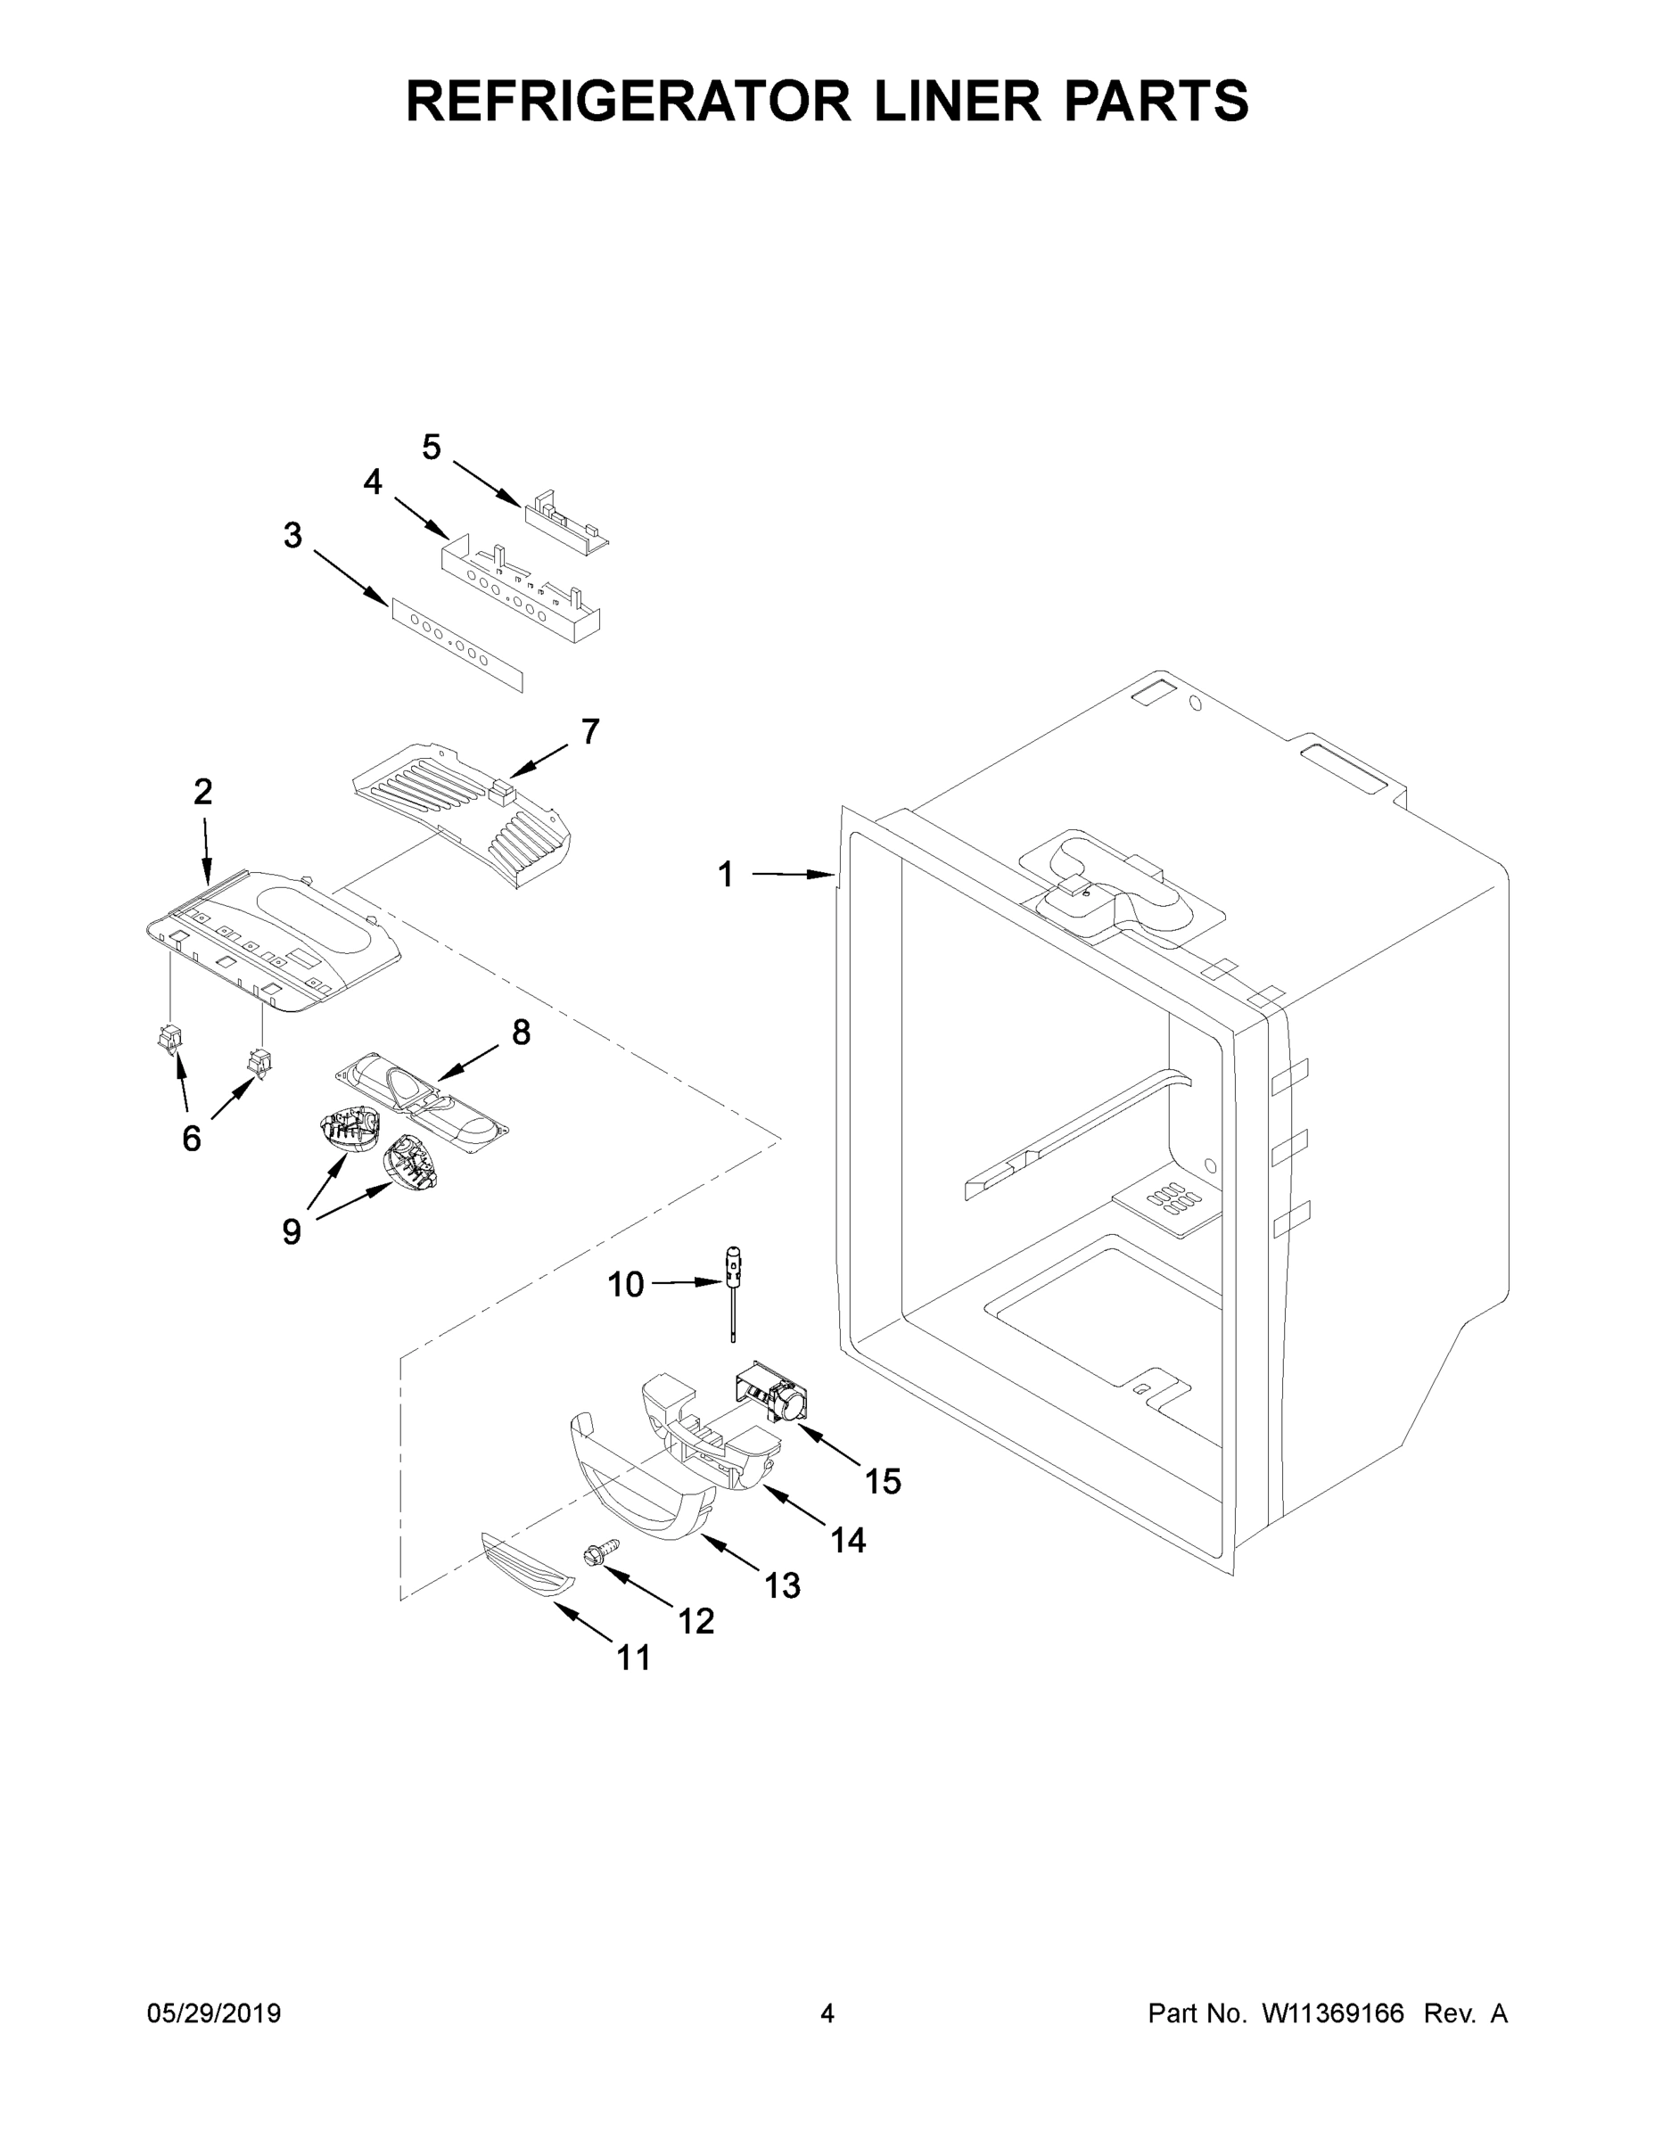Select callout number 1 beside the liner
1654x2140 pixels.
pyautogui.click(x=725, y=874)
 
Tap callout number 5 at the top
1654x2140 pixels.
pyautogui.click(x=432, y=448)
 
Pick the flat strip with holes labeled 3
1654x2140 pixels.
pyautogui.click(x=457, y=646)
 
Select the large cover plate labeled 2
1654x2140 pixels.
pyautogui.click(x=275, y=941)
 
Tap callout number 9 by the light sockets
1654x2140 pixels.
pyautogui.click(x=291, y=1231)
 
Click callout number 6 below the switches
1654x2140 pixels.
pyautogui.click(x=192, y=1138)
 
